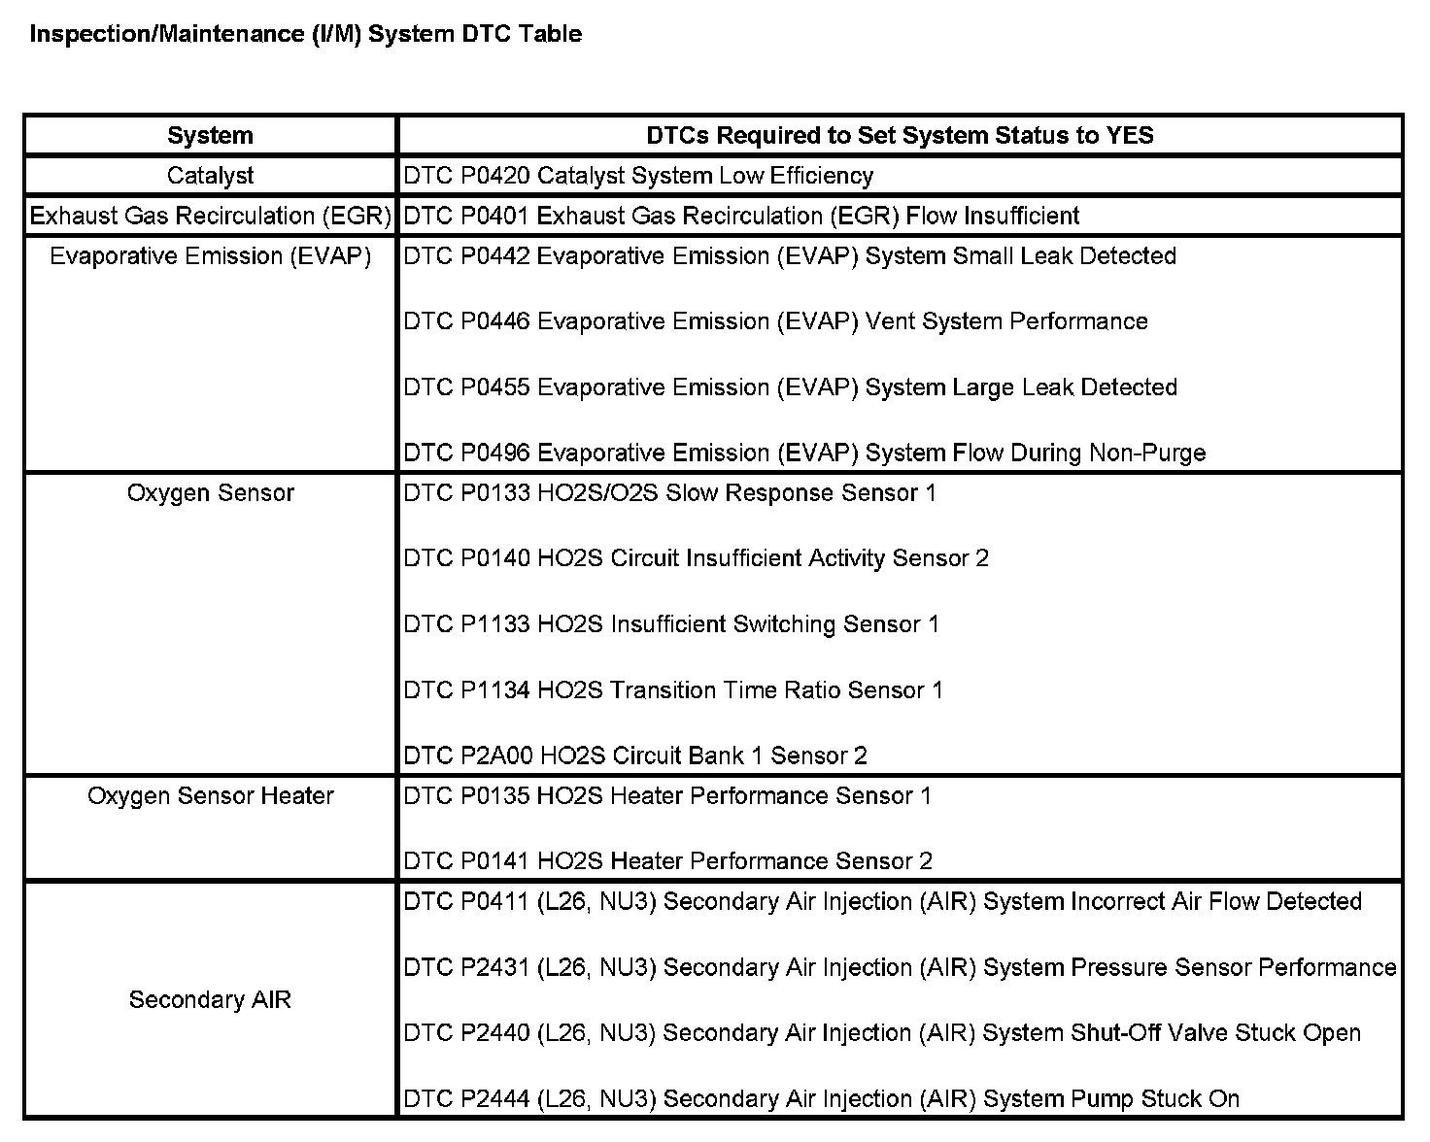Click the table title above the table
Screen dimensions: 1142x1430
coord(306,34)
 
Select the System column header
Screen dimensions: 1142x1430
coord(210,135)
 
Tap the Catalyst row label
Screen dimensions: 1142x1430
coord(210,176)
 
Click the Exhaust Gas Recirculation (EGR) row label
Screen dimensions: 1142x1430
coord(210,216)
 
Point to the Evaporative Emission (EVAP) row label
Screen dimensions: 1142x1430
coord(210,256)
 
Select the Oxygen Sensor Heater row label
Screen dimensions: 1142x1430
coord(210,796)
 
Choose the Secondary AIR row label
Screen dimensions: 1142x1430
coord(210,1000)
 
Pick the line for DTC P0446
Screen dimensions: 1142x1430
coord(775,321)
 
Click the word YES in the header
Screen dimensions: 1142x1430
coord(1129,135)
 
